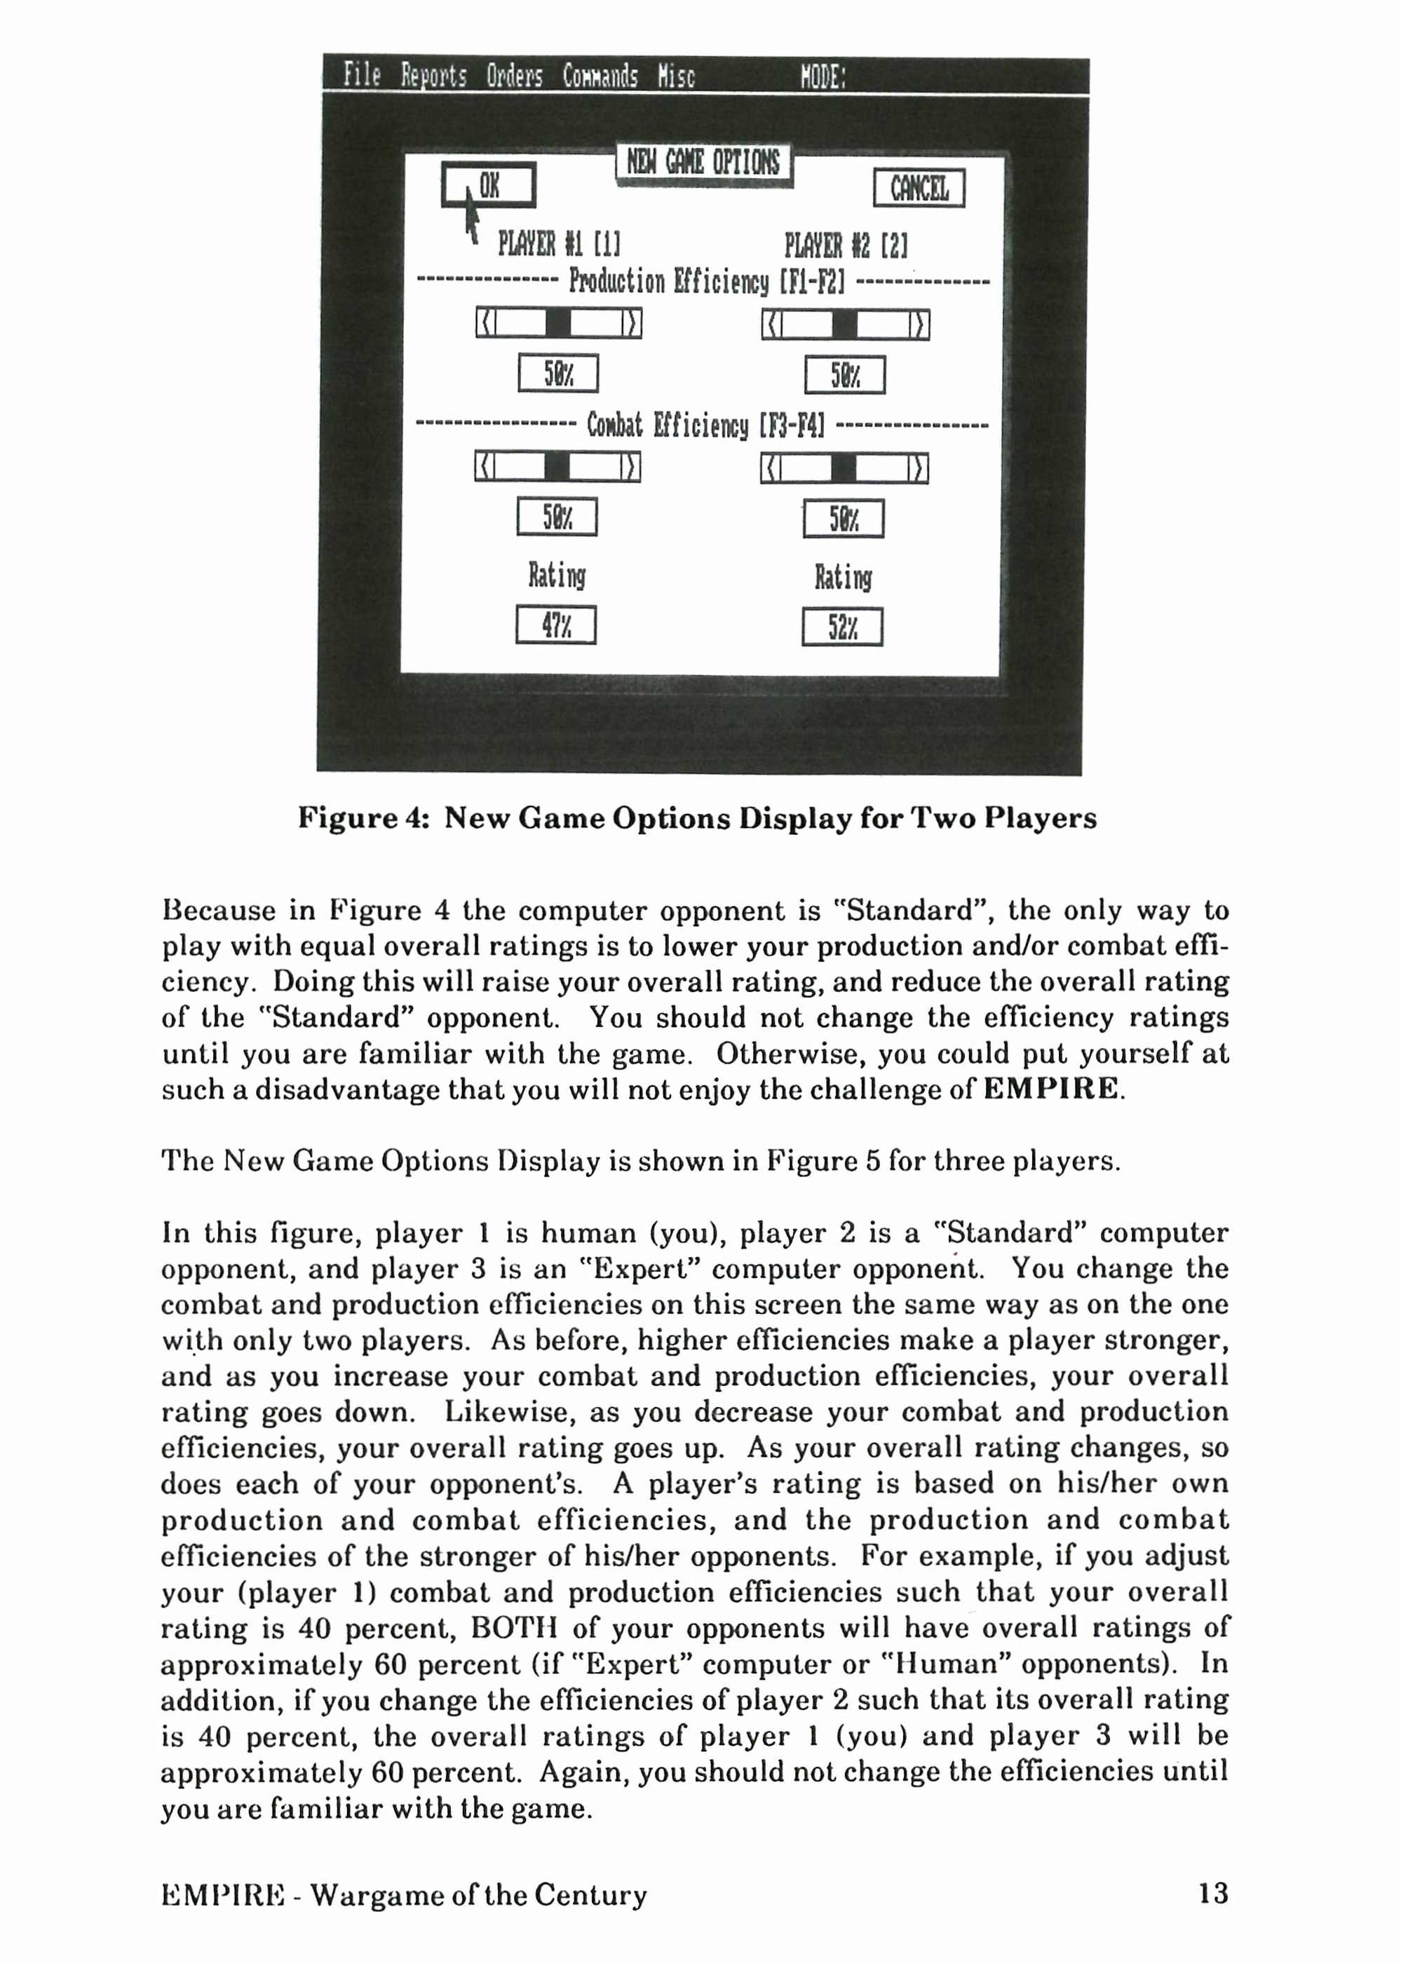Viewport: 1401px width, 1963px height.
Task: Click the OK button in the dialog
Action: point(488,185)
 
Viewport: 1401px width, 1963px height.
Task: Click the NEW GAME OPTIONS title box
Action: point(703,162)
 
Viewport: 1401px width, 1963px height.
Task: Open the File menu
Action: point(361,75)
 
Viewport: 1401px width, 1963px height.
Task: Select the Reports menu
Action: point(433,76)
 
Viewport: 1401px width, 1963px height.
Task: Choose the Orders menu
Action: point(514,76)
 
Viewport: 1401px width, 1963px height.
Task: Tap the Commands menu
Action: point(600,76)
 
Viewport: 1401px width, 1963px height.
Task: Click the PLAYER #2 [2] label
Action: point(846,246)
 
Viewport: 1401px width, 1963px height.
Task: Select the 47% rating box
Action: point(555,625)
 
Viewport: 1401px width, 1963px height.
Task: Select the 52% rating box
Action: point(842,627)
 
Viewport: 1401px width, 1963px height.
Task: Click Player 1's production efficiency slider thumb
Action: point(559,323)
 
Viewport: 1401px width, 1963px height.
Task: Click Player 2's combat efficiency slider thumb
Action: point(844,468)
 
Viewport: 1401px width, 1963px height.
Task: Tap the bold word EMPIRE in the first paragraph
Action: point(1050,1089)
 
